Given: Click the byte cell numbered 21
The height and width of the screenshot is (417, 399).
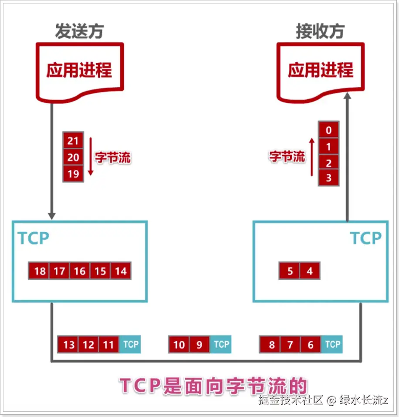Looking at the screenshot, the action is [73, 140].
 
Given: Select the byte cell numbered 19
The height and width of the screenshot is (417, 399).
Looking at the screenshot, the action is [73, 174].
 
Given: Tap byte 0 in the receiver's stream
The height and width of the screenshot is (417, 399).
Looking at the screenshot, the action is [328, 130].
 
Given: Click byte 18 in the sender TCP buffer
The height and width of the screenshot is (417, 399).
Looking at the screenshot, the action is [40, 271].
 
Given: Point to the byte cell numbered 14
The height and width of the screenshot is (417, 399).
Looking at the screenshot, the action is [121, 271].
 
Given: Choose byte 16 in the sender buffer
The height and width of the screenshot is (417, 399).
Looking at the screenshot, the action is [80, 271].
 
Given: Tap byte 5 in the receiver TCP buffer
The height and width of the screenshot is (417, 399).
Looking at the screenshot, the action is [290, 271].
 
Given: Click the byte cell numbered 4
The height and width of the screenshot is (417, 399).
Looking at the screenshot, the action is [310, 271].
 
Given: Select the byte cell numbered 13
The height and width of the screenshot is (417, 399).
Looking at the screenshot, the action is [69, 345].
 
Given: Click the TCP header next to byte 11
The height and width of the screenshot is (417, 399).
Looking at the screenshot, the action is [131, 345].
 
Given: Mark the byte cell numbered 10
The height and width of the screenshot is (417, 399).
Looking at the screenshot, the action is [179, 345].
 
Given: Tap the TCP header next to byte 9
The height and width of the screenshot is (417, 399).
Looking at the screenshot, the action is [221, 345].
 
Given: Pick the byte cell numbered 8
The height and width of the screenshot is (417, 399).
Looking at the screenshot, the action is [271, 345].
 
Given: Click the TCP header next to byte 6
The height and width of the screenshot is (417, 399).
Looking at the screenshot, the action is [332, 345].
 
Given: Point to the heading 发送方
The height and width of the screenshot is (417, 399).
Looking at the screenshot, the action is [79, 31].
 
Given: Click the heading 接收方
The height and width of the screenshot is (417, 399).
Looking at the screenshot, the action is [320, 31].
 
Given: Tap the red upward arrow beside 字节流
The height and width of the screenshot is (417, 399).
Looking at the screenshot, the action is [311, 157].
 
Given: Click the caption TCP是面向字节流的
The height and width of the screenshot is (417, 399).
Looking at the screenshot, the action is [213, 386].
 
